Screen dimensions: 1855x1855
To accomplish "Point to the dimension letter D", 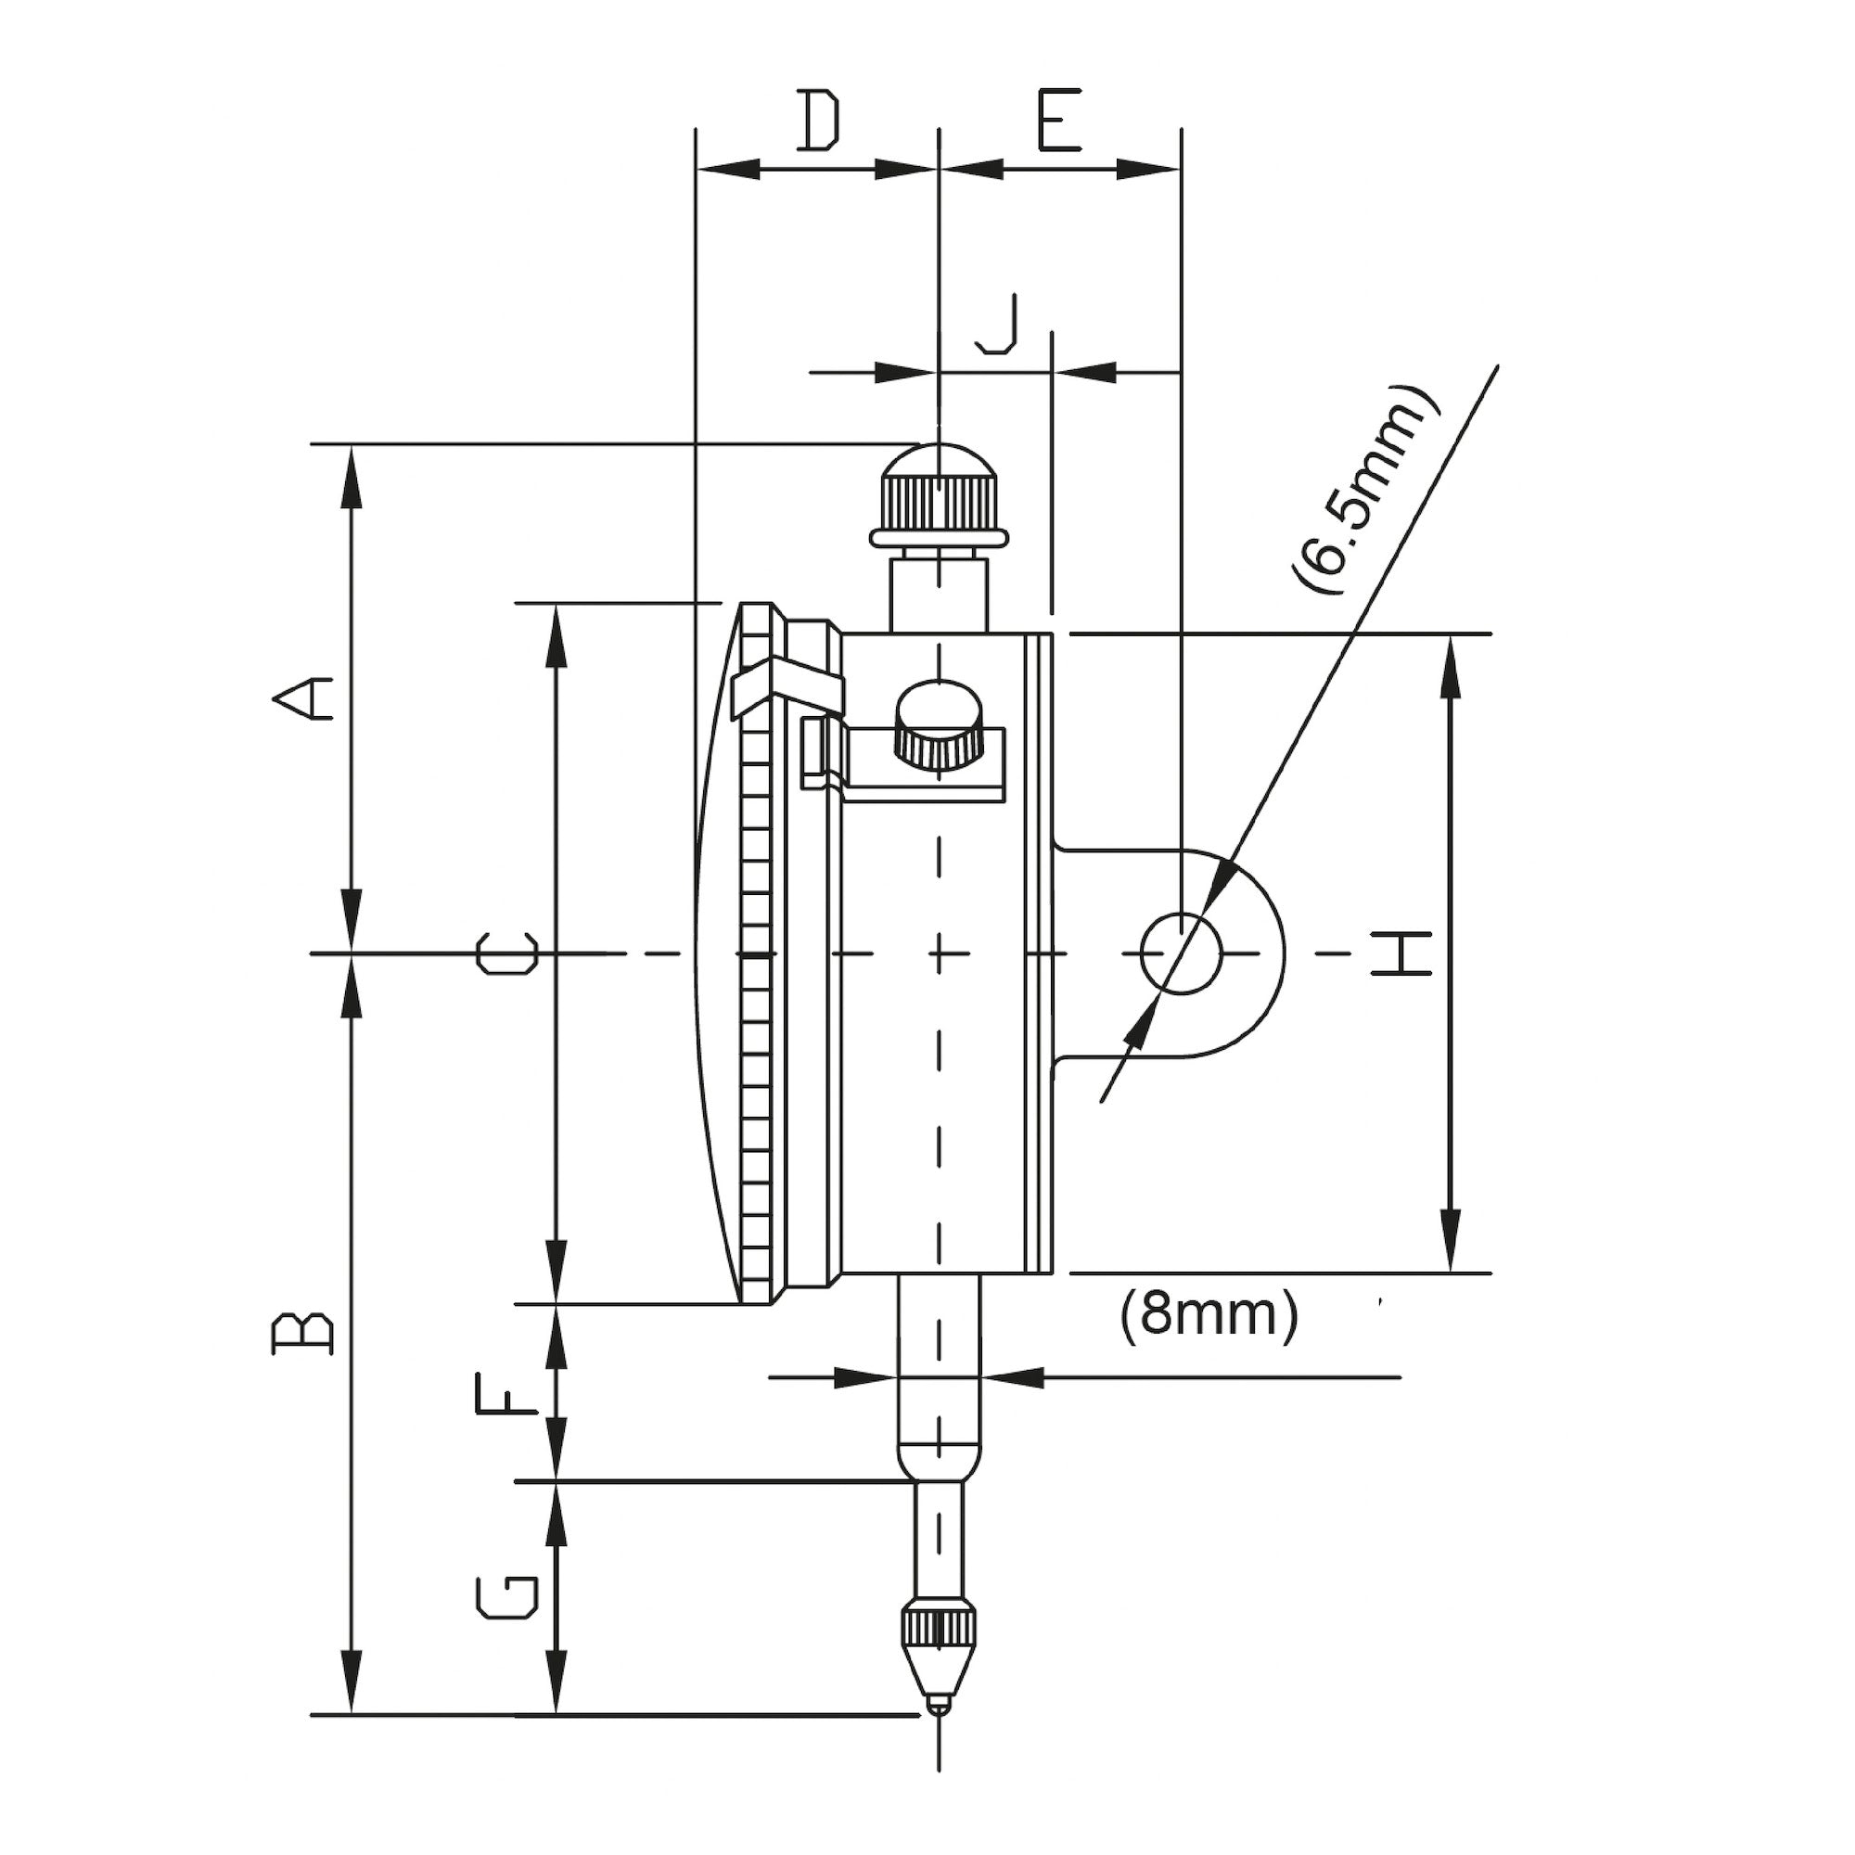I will [819, 121].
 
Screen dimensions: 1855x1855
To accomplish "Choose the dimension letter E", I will [1059, 121].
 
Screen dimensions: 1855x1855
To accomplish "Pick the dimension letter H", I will [1401, 953].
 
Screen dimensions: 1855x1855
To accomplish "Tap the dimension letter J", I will [998, 326].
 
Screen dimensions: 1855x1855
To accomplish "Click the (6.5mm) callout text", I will [1364, 491].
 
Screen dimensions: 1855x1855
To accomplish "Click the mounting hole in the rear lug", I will [1182, 953].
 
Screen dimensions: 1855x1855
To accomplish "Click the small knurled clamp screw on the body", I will [939, 726].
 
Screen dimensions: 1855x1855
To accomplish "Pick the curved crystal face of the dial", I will [715, 953].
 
